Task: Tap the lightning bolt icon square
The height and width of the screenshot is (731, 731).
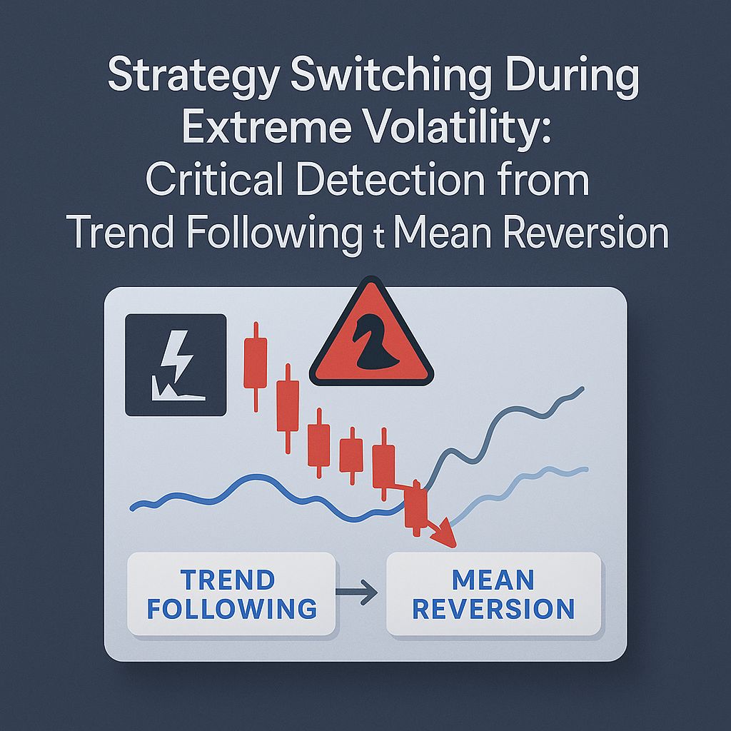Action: pyautogui.click(x=175, y=365)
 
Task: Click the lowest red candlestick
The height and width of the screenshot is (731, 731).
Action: pyautogui.click(x=415, y=506)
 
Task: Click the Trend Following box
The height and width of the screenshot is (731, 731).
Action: pyautogui.click(x=231, y=594)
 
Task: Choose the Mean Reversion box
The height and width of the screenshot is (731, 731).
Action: pyautogui.click(x=493, y=594)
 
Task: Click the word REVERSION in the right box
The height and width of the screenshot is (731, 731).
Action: pyautogui.click(x=493, y=610)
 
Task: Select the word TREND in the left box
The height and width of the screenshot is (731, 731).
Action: pyautogui.click(x=227, y=579)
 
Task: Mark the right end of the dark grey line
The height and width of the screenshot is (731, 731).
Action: pyautogui.click(x=583, y=389)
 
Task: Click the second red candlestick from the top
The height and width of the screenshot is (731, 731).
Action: pyautogui.click(x=287, y=405)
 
